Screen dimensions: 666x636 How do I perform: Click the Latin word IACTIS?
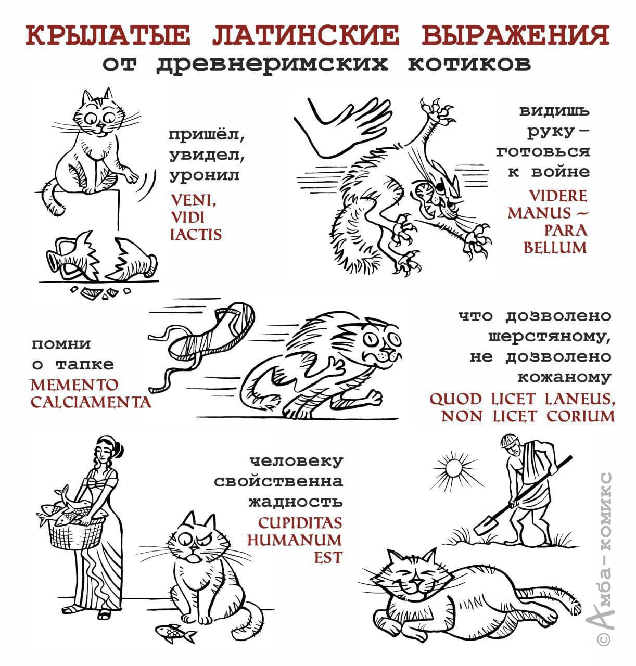click(x=196, y=234)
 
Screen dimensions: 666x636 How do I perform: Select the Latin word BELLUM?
click(x=555, y=247)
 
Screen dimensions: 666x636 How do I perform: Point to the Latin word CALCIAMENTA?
click(x=91, y=402)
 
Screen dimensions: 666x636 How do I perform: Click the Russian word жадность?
click(x=296, y=502)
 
